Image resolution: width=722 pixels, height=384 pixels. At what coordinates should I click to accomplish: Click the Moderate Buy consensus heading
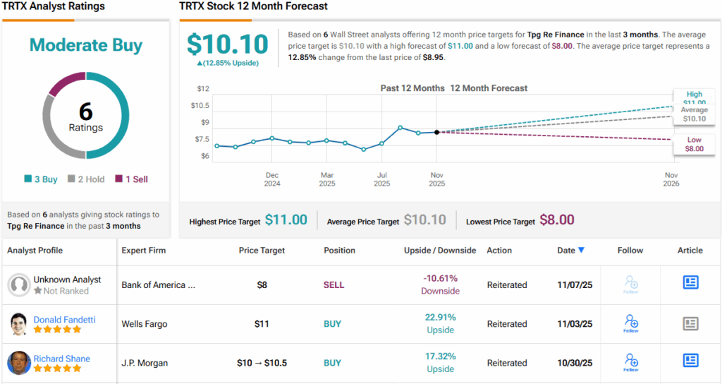[85, 45]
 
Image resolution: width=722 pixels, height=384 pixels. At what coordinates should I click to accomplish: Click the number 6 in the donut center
[85, 111]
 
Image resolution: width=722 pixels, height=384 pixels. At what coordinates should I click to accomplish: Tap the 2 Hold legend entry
[86, 179]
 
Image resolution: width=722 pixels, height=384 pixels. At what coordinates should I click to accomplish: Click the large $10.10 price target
[227, 44]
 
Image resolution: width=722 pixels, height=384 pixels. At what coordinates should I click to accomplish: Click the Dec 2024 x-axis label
[272, 179]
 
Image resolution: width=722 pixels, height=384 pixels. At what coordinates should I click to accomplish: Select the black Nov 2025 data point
[437, 132]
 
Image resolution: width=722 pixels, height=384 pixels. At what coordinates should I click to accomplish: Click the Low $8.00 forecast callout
[694, 144]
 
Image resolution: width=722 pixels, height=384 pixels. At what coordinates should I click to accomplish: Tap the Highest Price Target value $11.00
[286, 220]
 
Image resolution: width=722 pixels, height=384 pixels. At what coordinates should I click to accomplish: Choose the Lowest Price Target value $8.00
[556, 220]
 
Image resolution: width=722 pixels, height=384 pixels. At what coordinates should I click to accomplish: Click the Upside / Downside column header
[440, 251]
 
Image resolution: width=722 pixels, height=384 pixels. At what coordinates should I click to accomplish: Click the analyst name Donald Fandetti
[64, 320]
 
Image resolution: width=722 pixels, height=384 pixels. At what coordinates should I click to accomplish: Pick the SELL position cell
[334, 285]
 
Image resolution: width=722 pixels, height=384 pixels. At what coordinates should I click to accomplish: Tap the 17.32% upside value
[441, 356]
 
